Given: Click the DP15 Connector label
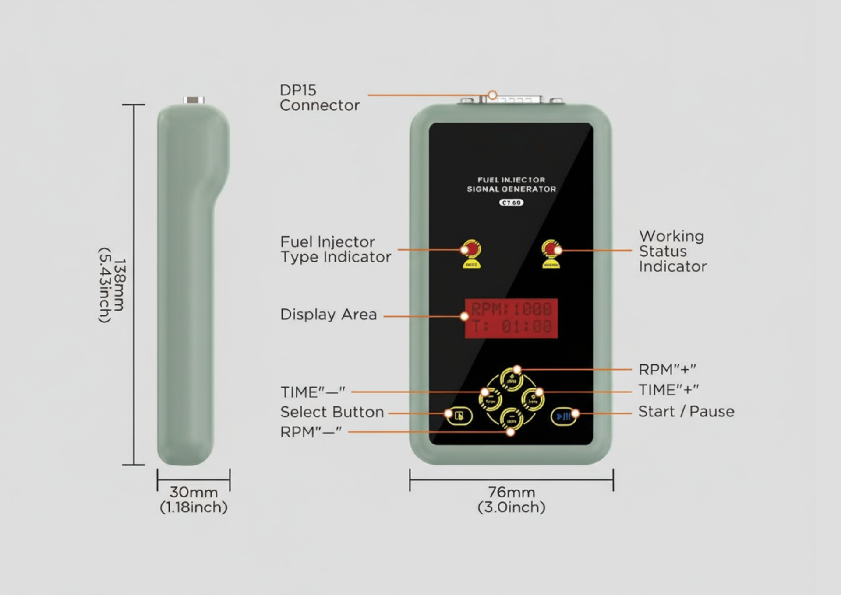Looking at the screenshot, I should (319, 98).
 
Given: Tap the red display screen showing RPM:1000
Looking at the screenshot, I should (511, 318).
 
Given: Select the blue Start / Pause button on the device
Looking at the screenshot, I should (563, 416).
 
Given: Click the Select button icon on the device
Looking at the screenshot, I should (459, 416).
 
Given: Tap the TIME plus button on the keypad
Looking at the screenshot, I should (533, 399).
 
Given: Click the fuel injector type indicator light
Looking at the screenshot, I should (471, 250).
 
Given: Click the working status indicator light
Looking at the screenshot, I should (551, 250).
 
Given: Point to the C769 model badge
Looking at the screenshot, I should (511, 203).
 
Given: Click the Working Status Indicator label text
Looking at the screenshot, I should (672, 251).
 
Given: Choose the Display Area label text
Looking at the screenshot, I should (329, 315).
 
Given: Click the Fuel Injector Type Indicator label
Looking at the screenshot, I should (336, 249).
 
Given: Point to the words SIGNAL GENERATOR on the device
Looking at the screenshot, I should (511, 189).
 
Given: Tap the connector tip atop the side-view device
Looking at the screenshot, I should (194, 100).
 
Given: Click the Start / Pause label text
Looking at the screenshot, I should (686, 412).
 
